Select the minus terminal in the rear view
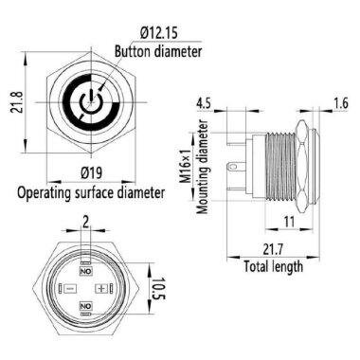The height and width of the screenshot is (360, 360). [x=68, y=288]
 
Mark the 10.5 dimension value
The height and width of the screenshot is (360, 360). [x=159, y=288]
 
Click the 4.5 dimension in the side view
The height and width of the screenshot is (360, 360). [x=202, y=102]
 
